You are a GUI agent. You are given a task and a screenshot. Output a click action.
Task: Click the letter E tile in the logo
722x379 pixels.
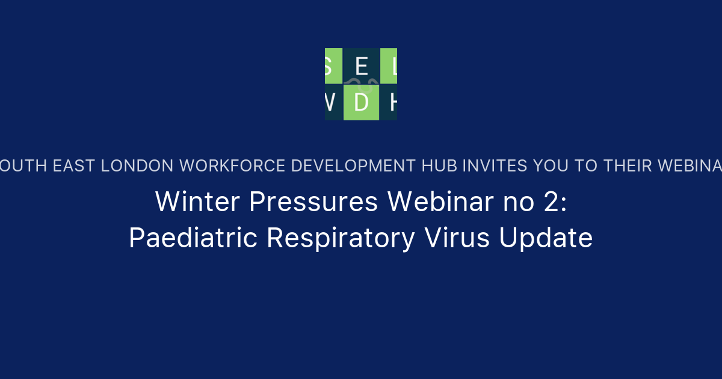click(x=361, y=66)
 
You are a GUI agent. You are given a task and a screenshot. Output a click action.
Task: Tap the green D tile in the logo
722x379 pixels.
click(x=361, y=102)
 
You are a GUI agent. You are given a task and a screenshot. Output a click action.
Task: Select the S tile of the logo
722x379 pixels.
click(x=333, y=66)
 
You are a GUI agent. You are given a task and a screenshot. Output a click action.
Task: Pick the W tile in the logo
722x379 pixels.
click(x=333, y=102)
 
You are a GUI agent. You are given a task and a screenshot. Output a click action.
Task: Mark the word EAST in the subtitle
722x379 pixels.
click(x=74, y=166)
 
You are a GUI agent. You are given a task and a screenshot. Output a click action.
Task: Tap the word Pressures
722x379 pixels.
click(x=313, y=202)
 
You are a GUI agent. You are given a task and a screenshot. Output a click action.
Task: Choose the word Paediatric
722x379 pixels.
click(x=193, y=238)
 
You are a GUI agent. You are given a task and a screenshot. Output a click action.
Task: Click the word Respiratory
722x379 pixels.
click(x=341, y=238)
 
